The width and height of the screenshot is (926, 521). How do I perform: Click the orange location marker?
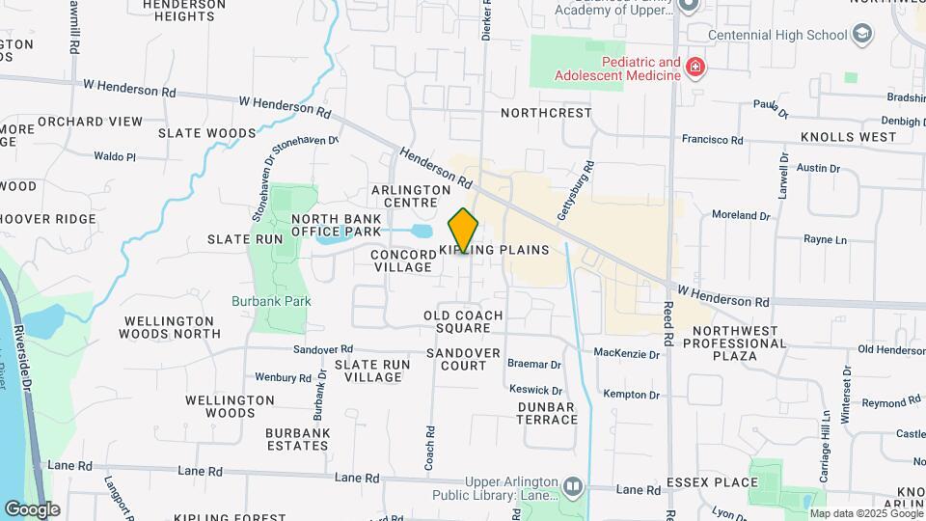click(x=464, y=230)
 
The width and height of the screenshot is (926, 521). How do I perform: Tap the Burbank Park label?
click(x=271, y=301)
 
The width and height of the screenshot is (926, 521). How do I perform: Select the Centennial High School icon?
click(x=861, y=35)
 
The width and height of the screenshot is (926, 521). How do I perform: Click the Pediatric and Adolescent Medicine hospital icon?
click(x=695, y=68)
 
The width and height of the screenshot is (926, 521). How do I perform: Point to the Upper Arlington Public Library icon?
click(x=574, y=485)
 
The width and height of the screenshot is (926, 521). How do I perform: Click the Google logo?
click(x=32, y=509)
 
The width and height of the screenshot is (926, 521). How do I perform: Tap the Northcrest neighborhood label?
click(x=546, y=113)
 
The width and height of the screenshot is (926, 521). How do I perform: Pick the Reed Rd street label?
click(x=667, y=322)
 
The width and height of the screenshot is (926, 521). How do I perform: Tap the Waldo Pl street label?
click(x=115, y=156)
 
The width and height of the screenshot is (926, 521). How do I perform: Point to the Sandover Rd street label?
click(x=323, y=349)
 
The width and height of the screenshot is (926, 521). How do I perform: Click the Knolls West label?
click(x=848, y=137)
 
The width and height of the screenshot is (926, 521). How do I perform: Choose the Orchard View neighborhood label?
click(x=90, y=122)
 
